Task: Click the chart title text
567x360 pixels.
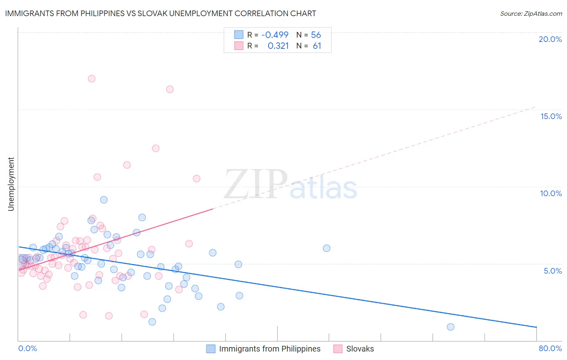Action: click(161, 13)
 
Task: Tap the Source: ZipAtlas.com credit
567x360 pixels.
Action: click(531, 13)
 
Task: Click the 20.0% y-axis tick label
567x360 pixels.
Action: click(550, 39)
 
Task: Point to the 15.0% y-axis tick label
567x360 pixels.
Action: click(551, 116)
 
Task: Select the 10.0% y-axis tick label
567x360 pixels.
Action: click(551, 193)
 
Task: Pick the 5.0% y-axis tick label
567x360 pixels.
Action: click(552, 271)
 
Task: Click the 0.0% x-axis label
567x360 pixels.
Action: click(28, 348)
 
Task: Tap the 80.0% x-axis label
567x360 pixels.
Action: click(550, 348)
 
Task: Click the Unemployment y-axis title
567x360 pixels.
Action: click(11, 184)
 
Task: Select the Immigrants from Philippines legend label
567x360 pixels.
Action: click(269, 349)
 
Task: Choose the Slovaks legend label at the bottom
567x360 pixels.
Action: click(360, 349)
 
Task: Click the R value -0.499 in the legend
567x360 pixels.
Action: click(275, 35)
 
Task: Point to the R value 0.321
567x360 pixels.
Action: click(278, 46)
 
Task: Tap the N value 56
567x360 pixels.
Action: click(316, 35)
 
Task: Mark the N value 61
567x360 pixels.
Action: click(317, 46)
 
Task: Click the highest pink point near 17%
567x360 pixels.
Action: click(92, 79)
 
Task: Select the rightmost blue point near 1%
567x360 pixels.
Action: click(450, 327)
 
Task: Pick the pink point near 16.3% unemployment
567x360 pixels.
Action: click(170, 89)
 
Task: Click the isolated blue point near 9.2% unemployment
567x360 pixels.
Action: click(104, 200)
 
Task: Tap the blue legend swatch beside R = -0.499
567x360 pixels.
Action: click(239, 35)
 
